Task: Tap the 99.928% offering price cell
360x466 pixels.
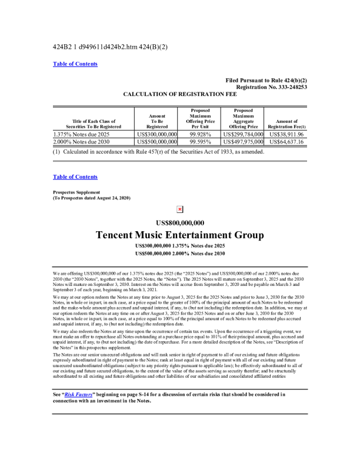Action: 199,134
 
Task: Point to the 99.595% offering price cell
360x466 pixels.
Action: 199,142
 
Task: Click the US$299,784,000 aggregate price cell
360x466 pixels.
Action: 243,134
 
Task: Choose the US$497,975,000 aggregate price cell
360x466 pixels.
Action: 243,142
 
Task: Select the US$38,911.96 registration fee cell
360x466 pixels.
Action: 286,134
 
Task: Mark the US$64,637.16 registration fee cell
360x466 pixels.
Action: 286,142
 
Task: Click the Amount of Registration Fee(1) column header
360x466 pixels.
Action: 286,124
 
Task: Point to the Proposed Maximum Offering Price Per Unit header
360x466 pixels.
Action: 199,118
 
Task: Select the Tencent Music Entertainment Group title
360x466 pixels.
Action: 180,235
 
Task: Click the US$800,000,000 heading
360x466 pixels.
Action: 180,222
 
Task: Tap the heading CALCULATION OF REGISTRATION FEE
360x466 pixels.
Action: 180,94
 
